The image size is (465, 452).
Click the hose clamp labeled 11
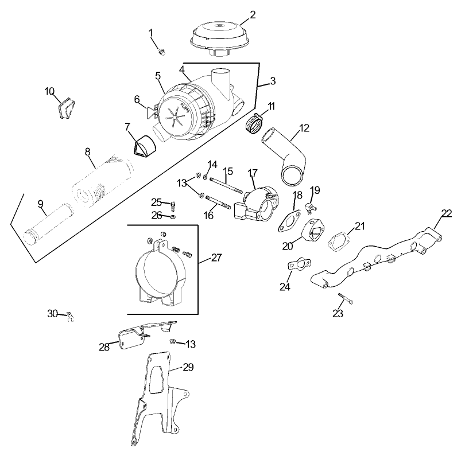tap(253, 122)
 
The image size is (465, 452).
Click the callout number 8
tap(88, 151)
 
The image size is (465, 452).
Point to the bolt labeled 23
tap(344, 299)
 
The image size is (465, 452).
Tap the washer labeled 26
tap(173, 217)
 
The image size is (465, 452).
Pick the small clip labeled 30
tap(71, 316)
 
